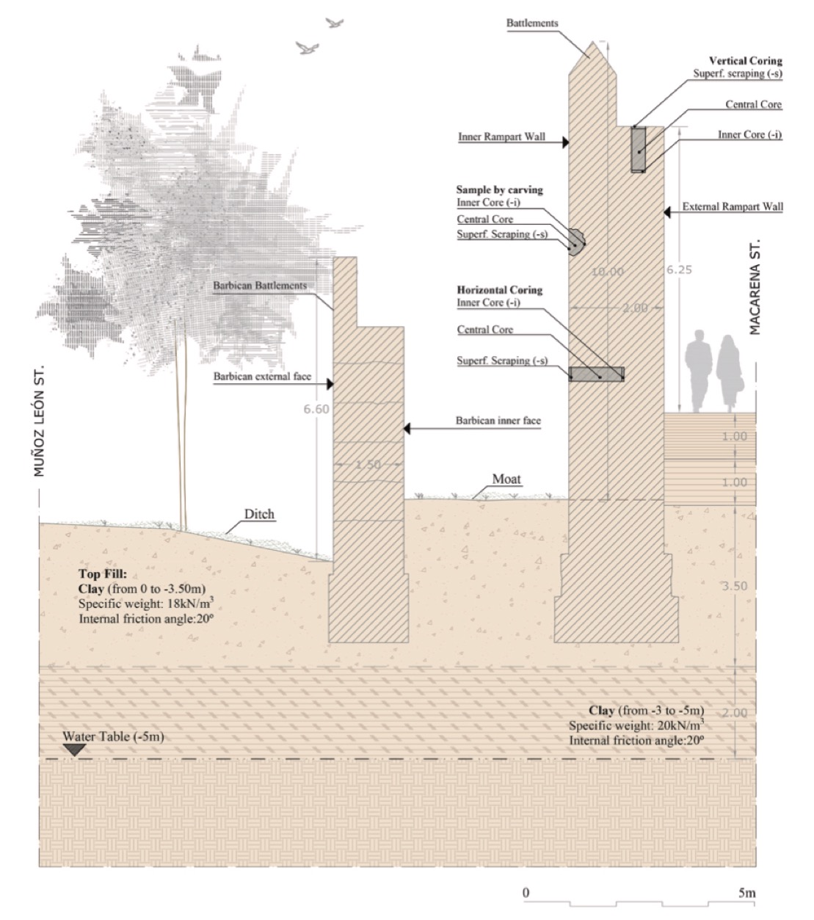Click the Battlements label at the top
tap(532, 23)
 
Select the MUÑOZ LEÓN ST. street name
tap(39, 419)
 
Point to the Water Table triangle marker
tap(73, 750)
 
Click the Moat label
tap(506, 479)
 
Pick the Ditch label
tap(259, 514)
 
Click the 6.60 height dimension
tap(316, 409)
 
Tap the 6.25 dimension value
tap(679, 269)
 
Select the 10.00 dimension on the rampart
tap(607, 272)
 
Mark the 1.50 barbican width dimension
tap(368, 465)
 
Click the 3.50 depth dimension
tap(735, 586)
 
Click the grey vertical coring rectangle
tap(639, 150)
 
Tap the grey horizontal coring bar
tap(597, 374)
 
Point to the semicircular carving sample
tap(577, 240)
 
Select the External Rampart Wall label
tap(733, 207)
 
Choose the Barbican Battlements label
tap(259, 286)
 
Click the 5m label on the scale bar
tap(746, 893)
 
